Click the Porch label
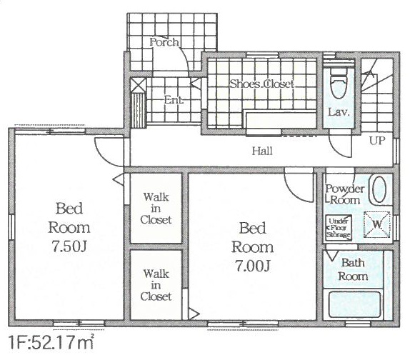click(x=164, y=42)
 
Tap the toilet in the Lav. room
click(x=339, y=82)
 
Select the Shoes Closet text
click(x=261, y=84)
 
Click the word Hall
click(x=262, y=151)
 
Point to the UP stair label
click(x=377, y=141)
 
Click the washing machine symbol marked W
click(x=377, y=224)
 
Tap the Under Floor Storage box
click(x=339, y=228)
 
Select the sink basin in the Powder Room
click(x=379, y=190)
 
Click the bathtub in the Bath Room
click(x=354, y=304)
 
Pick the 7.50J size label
click(x=69, y=246)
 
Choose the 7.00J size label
click(x=252, y=266)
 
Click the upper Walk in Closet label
click(x=156, y=209)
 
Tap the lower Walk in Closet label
click(x=156, y=285)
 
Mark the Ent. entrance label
click(x=174, y=100)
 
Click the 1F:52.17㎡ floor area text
click(x=51, y=342)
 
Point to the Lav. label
click(x=339, y=112)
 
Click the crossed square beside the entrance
click(x=138, y=85)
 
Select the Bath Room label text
click(x=353, y=269)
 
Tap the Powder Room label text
click(x=344, y=194)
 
